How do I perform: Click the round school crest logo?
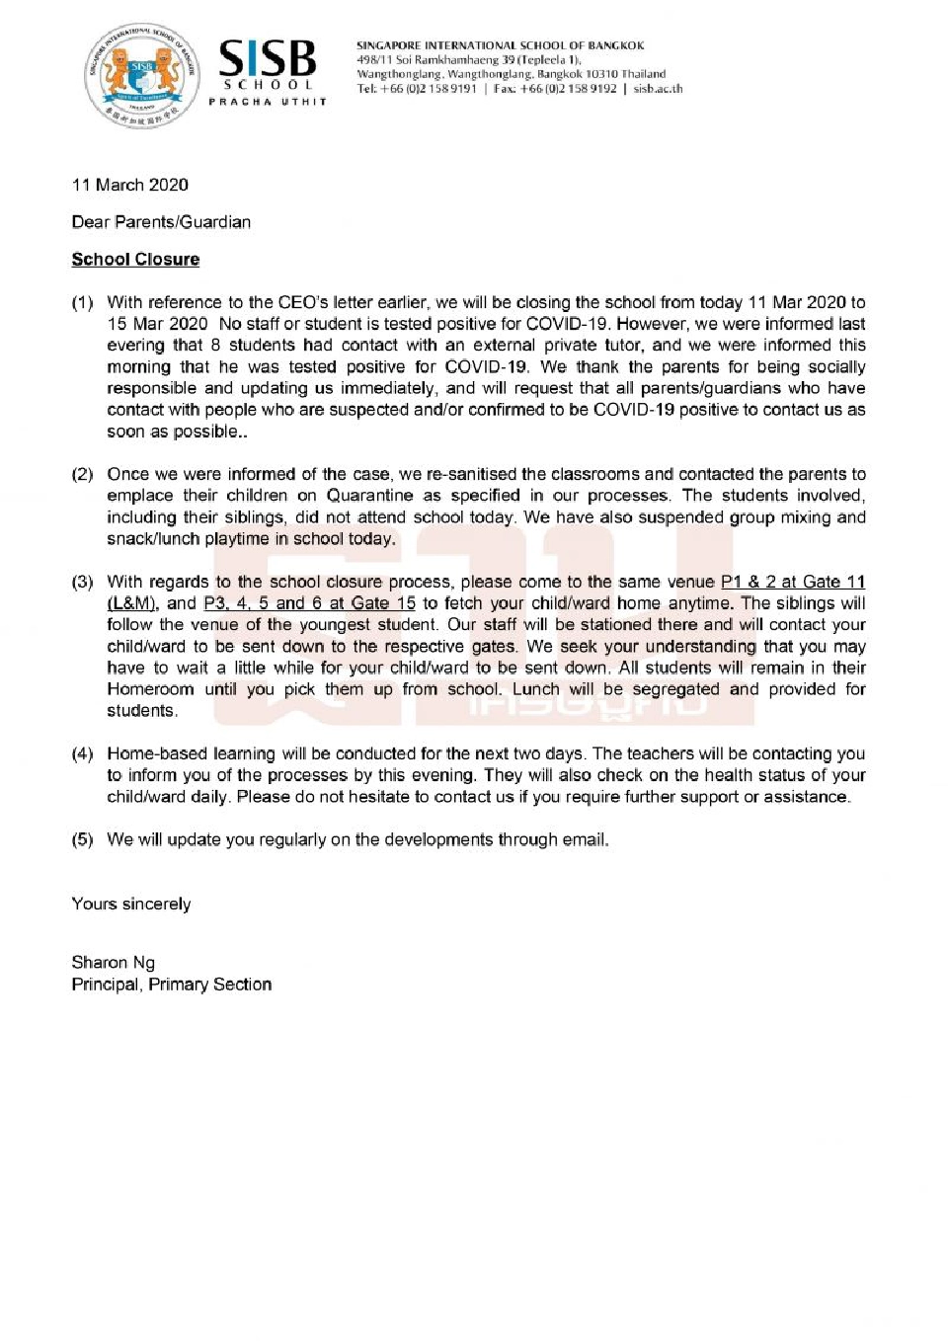(x=142, y=76)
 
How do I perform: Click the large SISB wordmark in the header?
(x=267, y=59)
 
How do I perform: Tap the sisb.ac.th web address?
(x=658, y=89)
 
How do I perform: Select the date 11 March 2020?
(x=129, y=185)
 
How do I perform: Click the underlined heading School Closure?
(x=135, y=260)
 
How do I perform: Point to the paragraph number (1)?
(x=82, y=302)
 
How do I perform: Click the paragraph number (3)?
(x=82, y=582)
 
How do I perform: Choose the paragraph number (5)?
(x=82, y=839)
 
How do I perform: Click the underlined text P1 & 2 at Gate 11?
(x=793, y=582)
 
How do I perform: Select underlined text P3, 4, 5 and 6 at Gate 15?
(x=309, y=603)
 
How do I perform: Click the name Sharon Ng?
(x=113, y=962)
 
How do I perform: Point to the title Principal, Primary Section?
(x=171, y=985)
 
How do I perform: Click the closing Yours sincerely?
(x=131, y=904)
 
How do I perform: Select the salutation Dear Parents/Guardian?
(x=161, y=222)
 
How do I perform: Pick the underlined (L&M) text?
(x=132, y=603)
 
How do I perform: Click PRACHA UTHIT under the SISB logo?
(x=267, y=102)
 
